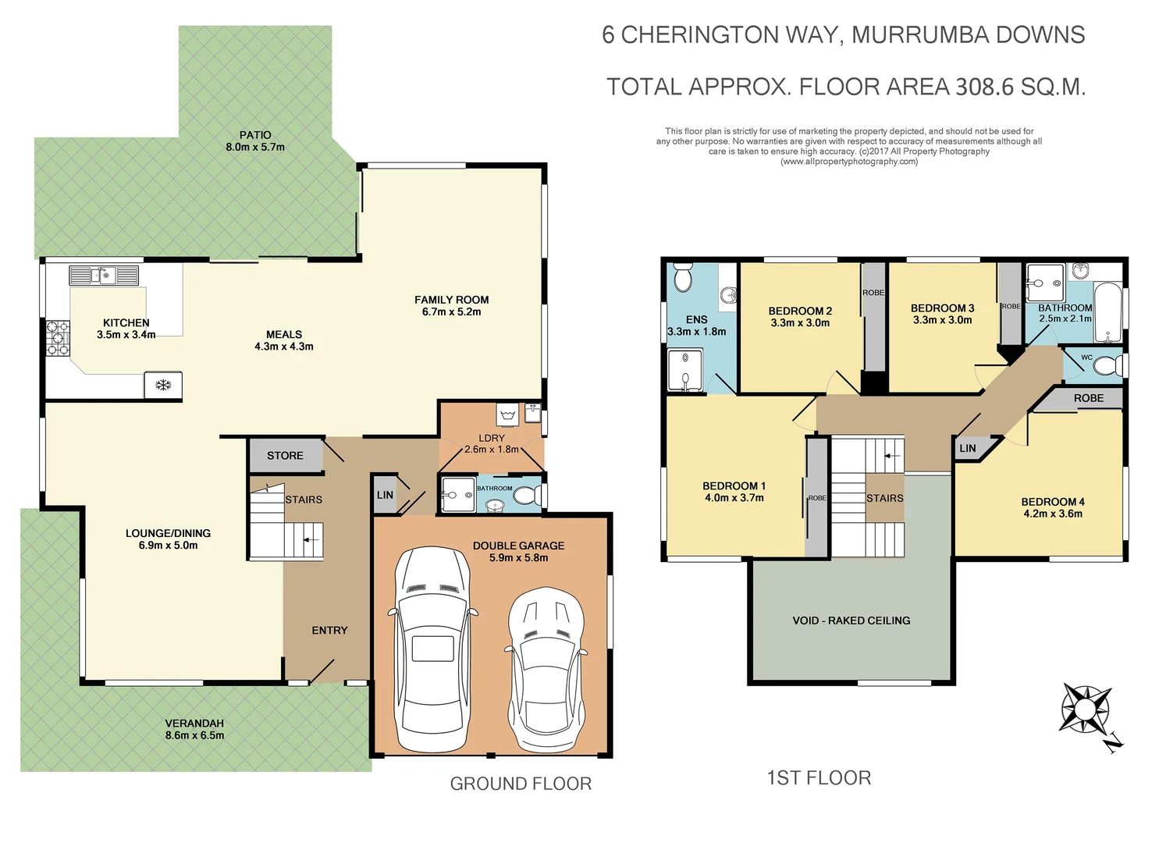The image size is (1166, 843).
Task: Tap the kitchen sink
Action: (x=104, y=276)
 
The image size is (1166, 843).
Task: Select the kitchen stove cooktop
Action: (x=58, y=338)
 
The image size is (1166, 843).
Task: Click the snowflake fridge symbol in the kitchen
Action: (x=163, y=386)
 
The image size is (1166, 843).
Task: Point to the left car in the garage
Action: (x=432, y=649)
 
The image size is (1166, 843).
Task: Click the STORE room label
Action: (x=285, y=456)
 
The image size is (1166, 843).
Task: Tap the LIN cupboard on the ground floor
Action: (x=385, y=495)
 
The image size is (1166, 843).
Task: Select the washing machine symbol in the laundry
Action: (x=507, y=413)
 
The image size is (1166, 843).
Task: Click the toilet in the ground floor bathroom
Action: (x=528, y=495)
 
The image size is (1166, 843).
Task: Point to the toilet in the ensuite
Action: (x=683, y=279)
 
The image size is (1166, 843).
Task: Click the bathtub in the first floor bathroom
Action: (x=1107, y=313)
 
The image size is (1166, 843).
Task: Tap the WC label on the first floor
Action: (x=1086, y=357)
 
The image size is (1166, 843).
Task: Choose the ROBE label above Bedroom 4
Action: (x=1088, y=398)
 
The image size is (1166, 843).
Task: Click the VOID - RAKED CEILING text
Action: (x=851, y=621)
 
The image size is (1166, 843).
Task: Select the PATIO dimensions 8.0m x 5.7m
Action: (x=255, y=148)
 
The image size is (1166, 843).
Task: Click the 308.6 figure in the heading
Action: (x=985, y=87)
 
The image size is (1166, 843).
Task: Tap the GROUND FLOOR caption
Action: (x=521, y=784)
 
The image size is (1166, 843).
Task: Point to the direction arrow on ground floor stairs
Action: (x=311, y=539)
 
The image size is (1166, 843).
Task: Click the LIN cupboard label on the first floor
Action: (x=967, y=448)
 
